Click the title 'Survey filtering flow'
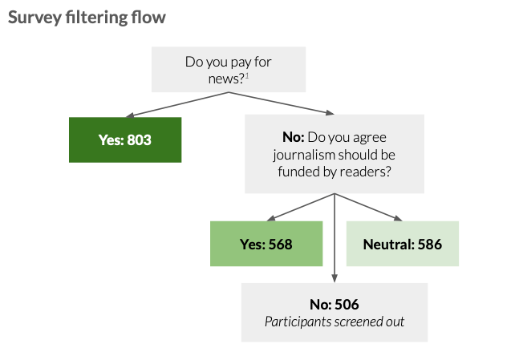[87, 17]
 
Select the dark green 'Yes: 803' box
[124, 140]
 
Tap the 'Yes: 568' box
[266, 245]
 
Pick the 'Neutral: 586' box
[403, 245]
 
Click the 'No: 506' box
[335, 313]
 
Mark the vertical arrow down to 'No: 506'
[335, 241]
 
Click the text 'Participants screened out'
[335, 322]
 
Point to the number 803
[137, 140]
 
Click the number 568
[278, 245]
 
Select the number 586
[426, 245]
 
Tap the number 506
[347, 305]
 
